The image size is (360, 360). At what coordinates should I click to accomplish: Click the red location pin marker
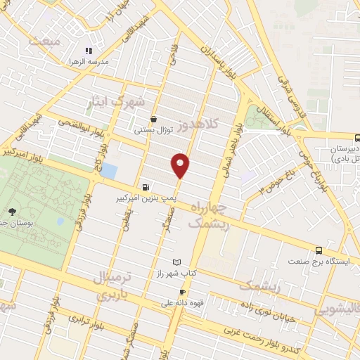(x=181, y=165)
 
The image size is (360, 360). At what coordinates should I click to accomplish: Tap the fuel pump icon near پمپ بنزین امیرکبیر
(x=146, y=188)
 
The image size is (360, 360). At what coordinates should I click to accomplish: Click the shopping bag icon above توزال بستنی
(x=153, y=119)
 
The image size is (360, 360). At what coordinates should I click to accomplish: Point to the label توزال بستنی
(x=153, y=130)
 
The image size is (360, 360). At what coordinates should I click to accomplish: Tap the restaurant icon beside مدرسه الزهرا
(x=88, y=51)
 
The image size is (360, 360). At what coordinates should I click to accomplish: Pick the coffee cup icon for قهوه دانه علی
(x=182, y=292)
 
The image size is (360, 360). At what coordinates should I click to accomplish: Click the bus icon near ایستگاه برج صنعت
(x=319, y=250)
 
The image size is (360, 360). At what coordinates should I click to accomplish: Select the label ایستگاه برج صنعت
(x=319, y=261)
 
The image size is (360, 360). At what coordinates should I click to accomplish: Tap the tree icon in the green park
(x=12, y=211)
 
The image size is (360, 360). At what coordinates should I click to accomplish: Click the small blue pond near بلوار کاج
(x=110, y=169)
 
